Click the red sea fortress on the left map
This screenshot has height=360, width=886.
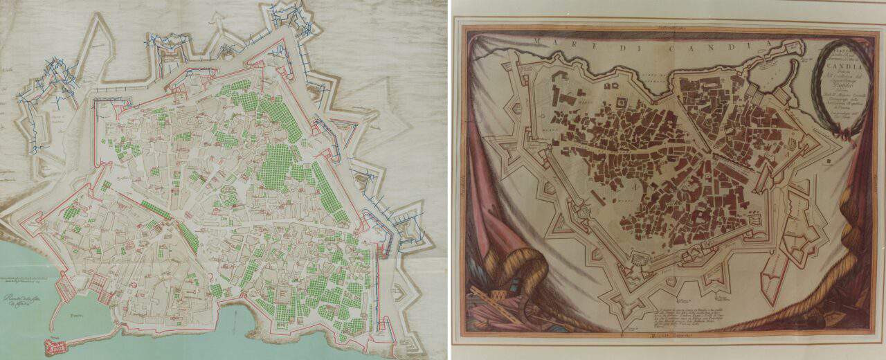tap(53, 345)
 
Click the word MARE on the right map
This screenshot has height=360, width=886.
tap(552, 44)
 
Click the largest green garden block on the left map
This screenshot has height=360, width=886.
tap(275, 166)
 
